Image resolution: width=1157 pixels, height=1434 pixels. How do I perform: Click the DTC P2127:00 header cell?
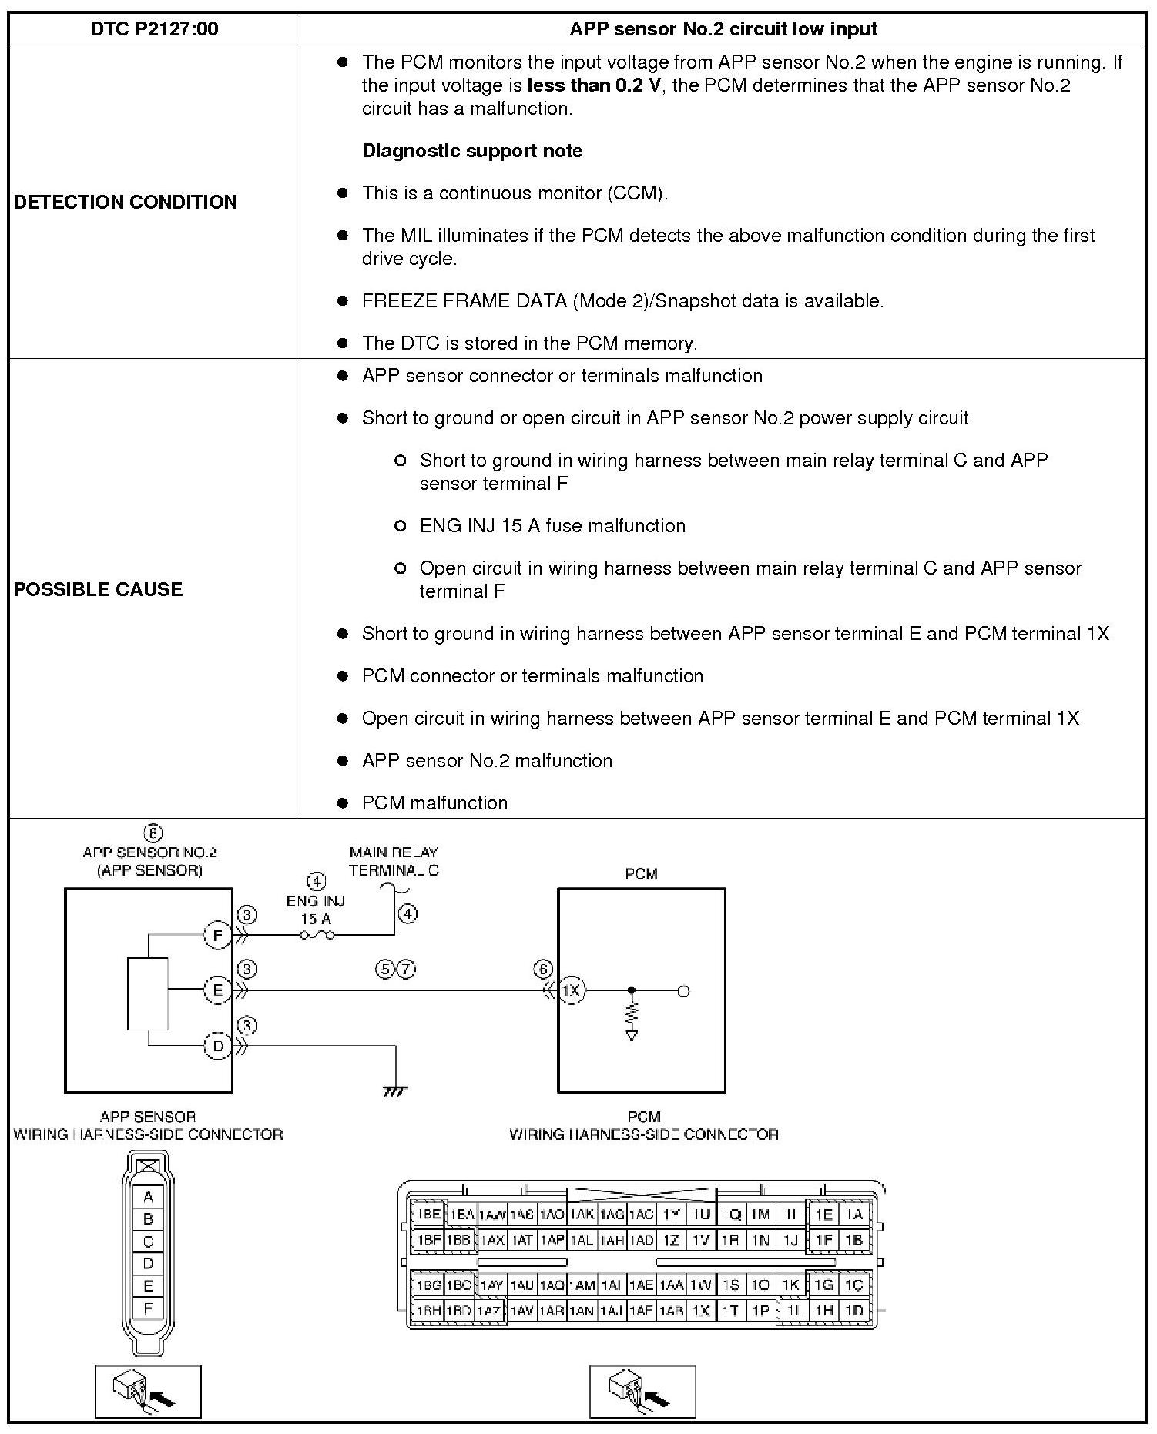154,29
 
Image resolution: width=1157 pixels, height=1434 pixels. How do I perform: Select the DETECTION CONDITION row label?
126,202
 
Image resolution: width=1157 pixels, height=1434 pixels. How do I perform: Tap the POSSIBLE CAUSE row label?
99,589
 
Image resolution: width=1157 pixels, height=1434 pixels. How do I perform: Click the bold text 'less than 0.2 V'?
594,85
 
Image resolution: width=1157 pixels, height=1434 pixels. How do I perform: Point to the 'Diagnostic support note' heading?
472,151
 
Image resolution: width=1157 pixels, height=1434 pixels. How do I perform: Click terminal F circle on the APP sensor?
218,936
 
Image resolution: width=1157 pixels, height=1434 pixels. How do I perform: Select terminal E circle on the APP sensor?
218,990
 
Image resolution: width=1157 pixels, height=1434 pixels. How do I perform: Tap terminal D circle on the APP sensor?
218,1046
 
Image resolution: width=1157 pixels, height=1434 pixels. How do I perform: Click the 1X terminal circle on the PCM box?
571,990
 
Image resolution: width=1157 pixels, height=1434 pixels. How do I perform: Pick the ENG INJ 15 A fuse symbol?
317,936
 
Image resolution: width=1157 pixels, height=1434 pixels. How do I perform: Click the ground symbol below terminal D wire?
394,1091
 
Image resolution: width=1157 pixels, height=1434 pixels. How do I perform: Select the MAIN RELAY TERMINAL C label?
394,862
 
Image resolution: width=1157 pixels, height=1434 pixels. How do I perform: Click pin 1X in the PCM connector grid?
700,1310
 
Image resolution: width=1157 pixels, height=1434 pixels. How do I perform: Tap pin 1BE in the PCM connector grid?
428,1215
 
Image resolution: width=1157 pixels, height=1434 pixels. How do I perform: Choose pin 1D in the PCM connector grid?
853,1310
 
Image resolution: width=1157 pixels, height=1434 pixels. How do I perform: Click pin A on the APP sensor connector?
148,1197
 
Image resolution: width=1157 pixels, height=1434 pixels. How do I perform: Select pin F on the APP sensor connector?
148,1308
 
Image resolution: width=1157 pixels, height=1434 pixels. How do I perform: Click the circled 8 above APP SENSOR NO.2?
153,833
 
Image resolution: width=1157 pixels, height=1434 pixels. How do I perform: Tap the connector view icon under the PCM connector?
642,1392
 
